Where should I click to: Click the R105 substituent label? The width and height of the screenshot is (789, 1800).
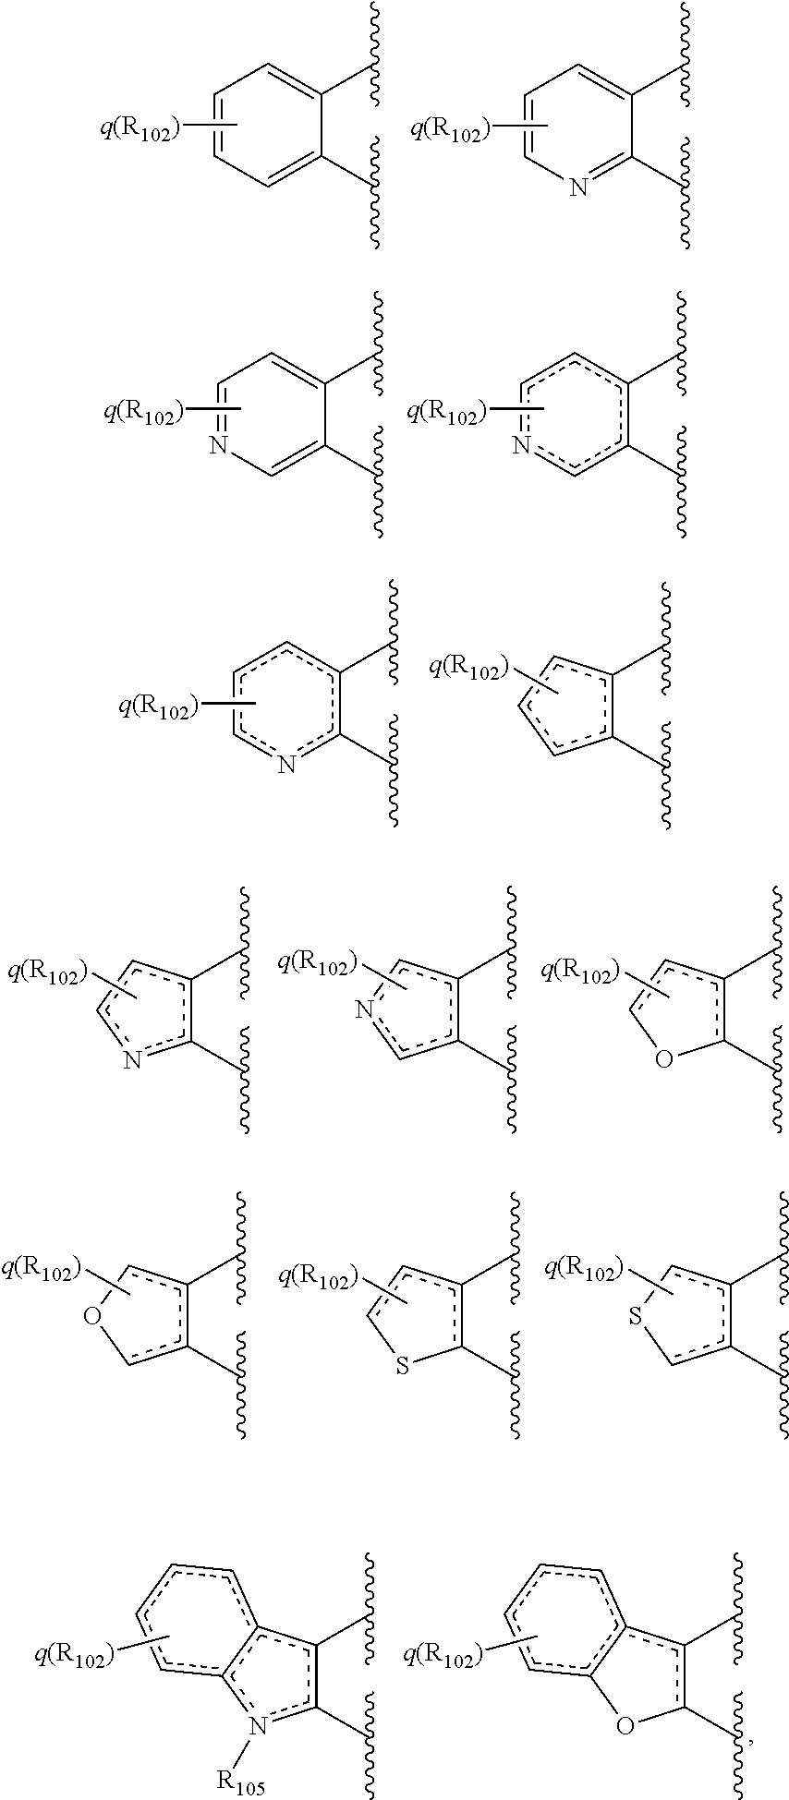coord(241,1782)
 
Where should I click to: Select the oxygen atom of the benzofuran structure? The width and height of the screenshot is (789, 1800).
coord(625,1724)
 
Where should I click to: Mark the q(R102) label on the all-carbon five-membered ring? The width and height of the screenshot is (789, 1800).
coord(469,667)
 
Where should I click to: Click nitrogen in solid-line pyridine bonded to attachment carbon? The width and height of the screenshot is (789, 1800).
coord(578,187)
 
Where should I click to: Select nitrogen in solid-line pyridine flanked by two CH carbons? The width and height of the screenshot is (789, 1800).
coord(218,446)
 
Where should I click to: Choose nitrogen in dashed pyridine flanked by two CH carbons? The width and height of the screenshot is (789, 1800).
coord(522,446)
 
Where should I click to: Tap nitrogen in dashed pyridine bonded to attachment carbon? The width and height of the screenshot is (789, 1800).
coord(286,764)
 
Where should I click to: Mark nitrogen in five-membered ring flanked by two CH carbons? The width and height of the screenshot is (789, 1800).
coord(365,1012)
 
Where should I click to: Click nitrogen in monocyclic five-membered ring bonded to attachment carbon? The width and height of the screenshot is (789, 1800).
coord(132,1061)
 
